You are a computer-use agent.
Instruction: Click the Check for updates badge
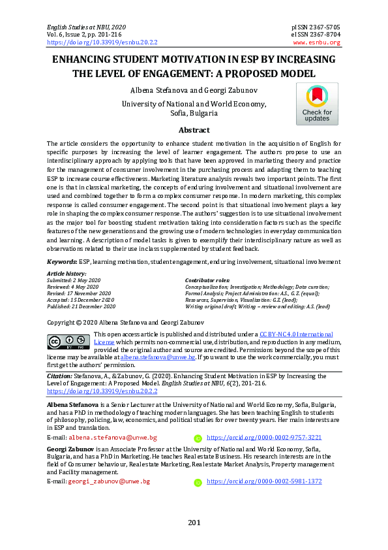pyautogui.click(x=317, y=105)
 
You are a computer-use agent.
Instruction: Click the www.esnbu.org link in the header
pyautogui.click(x=317, y=42)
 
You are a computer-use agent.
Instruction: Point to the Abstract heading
pyautogui.click(x=194, y=130)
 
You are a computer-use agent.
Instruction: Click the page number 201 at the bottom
pyautogui.click(x=194, y=522)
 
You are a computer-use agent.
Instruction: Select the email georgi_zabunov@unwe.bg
pyautogui.click(x=110, y=481)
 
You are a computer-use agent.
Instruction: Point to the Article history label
pyautogui.click(x=67, y=274)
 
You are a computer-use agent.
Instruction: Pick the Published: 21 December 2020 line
pyautogui.click(x=82, y=306)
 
